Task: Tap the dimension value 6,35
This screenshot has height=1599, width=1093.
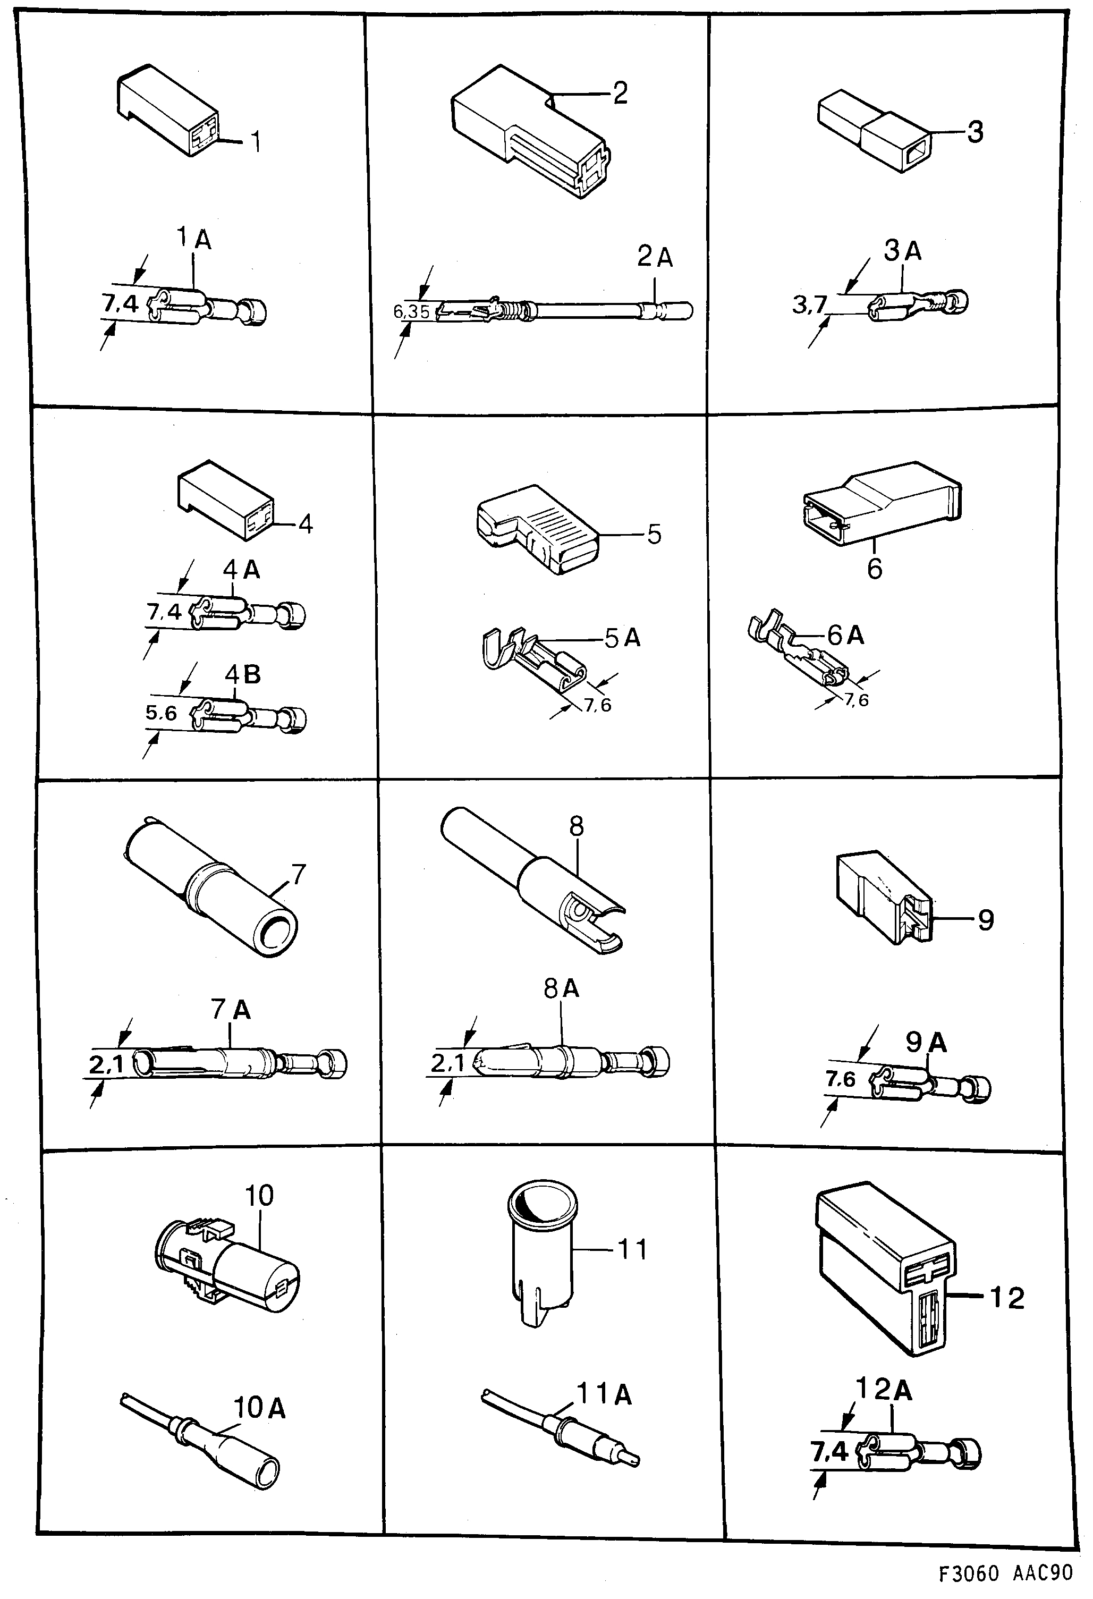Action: point(411,312)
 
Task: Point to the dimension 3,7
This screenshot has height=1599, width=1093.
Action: point(809,304)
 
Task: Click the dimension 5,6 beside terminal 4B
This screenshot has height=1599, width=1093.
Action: point(161,714)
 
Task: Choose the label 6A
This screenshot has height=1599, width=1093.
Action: point(845,635)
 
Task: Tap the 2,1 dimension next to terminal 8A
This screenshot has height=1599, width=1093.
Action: point(448,1064)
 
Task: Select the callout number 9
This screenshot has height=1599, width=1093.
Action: point(985,920)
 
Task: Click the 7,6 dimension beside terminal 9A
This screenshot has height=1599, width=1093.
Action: point(840,1079)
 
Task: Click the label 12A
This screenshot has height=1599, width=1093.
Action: point(883,1390)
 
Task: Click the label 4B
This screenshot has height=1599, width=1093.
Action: point(242,675)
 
